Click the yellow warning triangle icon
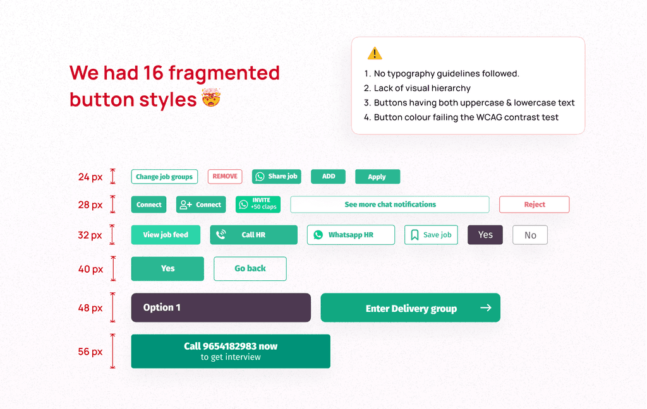click(375, 54)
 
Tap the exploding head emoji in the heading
click(210, 99)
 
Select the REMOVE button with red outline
click(225, 177)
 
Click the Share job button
click(276, 177)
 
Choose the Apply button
click(377, 177)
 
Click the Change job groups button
click(164, 177)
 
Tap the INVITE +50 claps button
click(258, 204)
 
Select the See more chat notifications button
click(390, 204)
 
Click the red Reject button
click(534, 204)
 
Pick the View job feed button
click(166, 235)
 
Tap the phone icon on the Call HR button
click(221, 235)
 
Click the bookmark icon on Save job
click(414, 235)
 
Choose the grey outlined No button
click(529, 235)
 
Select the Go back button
click(250, 268)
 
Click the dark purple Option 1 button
click(221, 307)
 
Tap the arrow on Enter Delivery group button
click(485, 308)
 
